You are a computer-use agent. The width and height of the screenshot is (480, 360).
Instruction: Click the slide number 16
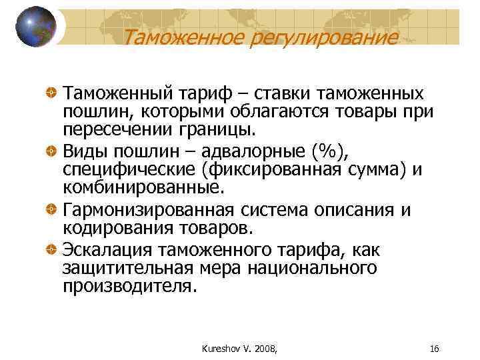(x=434, y=349)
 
